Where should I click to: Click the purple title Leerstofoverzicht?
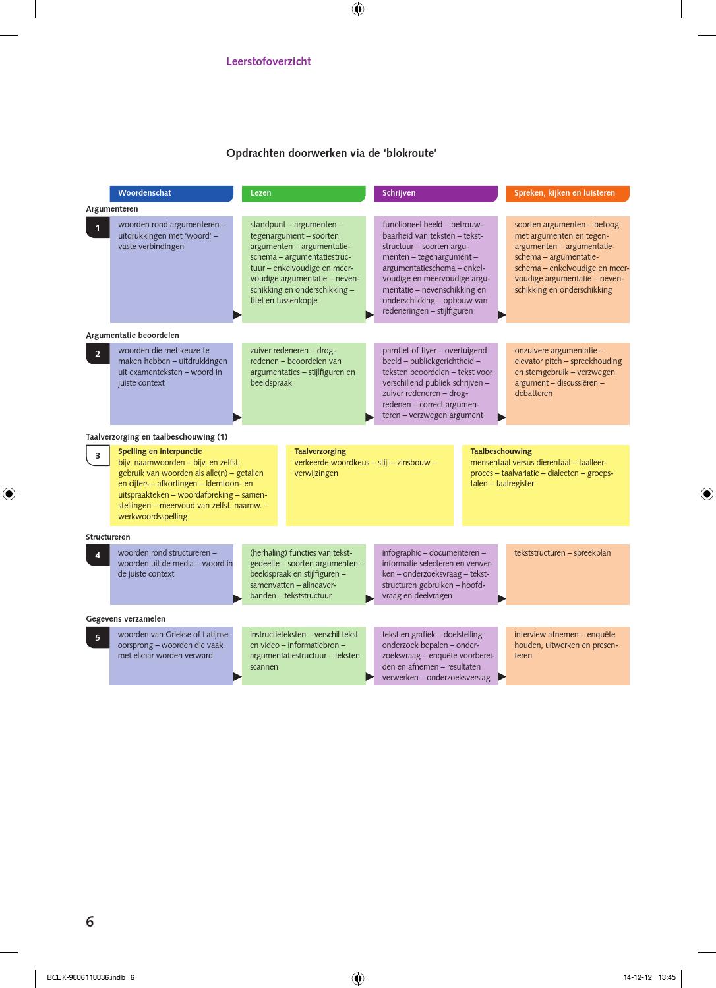tap(268, 61)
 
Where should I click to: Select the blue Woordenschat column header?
tap(171, 194)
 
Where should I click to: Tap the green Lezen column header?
tap(303, 194)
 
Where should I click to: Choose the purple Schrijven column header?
tap(436, 194)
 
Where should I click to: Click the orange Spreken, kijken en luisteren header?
tap(568, 194)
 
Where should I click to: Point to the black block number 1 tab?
tap(98, 227)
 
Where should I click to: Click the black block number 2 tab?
tap(98, 354)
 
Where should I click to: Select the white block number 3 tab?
tap(98, 455)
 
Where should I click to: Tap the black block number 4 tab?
tap(98, 556)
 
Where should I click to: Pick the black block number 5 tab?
tap(98, 637)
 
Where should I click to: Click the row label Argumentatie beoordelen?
tap(133, 335)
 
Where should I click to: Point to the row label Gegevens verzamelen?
tap(126, 619)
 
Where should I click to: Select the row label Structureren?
tap(108, 537)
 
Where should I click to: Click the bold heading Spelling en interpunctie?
tap(160, 451)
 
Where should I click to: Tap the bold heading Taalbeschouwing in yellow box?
tap(500, 451)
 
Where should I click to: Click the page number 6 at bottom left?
tap(90, 921)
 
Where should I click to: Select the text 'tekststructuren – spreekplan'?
tap(562, 553)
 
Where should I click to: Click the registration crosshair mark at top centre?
tap(358, 9)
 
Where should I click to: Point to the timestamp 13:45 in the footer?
tap(667, 977)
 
